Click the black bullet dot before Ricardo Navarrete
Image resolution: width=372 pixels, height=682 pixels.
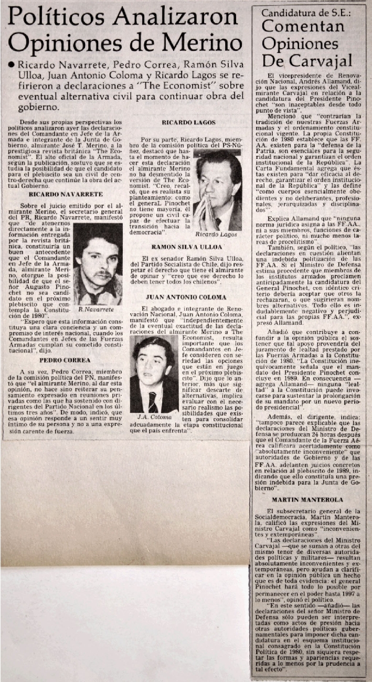coord(10,65)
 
